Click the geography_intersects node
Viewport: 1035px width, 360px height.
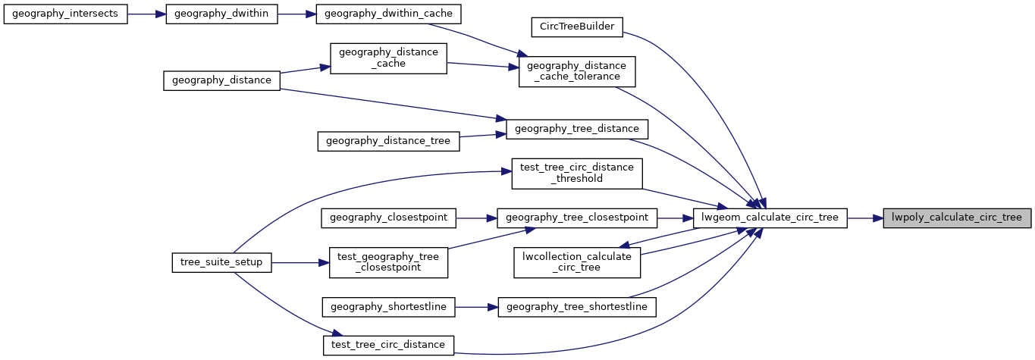65,15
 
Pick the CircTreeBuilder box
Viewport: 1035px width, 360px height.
577,27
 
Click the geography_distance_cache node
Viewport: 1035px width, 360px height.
388,58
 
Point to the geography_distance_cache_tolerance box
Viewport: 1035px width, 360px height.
576,70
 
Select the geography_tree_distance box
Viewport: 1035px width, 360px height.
577,129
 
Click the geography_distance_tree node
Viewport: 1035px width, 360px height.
388,140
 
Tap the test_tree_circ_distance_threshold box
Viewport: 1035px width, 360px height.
577,173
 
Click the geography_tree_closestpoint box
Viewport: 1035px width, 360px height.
576,218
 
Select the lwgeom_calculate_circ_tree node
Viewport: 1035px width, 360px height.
770,218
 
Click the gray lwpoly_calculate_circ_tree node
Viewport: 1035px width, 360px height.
957,218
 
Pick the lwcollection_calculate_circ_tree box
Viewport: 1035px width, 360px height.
577,261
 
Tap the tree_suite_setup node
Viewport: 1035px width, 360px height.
221,262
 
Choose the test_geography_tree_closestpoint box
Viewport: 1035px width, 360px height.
388,261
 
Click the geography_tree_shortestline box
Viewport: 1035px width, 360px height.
577,306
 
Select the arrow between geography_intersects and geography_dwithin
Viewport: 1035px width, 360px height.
146,15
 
